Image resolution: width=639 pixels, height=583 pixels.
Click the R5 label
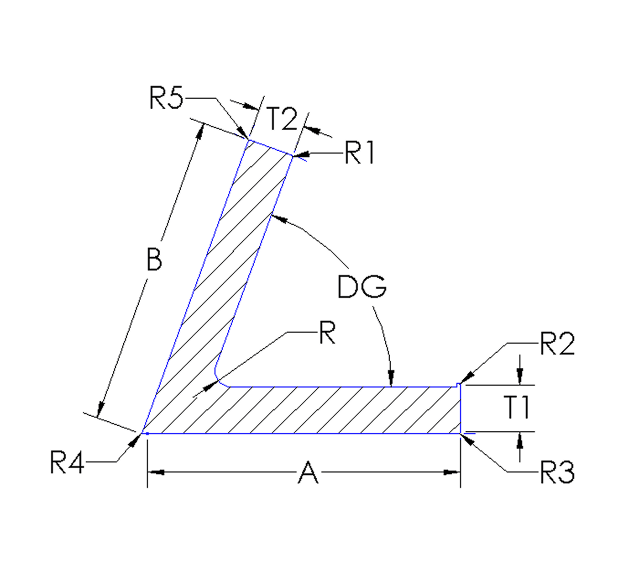click(x=166, y=98)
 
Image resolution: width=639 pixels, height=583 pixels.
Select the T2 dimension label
click(x=282, y=119)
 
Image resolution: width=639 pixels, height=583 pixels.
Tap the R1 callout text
click(x=360, y=153)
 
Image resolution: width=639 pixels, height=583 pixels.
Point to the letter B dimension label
click(x=154, y=259)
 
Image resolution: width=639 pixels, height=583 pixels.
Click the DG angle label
click(x=362, y=287)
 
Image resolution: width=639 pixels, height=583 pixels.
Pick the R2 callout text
click(x=557, y=344)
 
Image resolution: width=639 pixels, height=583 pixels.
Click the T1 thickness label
click(x=517, y=408)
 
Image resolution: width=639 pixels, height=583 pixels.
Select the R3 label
click(x=557, y=472)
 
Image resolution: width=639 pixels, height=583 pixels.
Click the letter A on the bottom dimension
click(x=308, y=473)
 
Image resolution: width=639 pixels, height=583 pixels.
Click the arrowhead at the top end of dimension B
click(x=199, y=132)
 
